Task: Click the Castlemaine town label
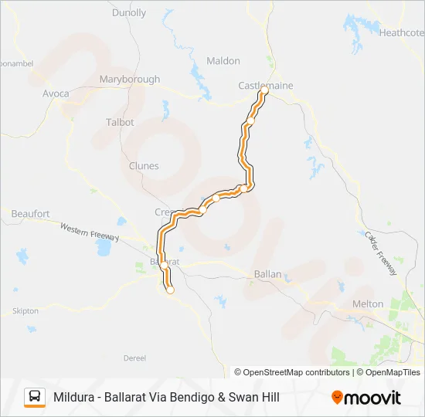point(266,86)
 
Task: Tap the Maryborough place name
point(130,79)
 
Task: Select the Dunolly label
point(128,12)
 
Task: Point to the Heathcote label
point(401,32)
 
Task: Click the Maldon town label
point(223,60)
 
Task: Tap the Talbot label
point(120,122)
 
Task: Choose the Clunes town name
point(144,165)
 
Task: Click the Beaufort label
point(30,213)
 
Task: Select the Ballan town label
point(267,274)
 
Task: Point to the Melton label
point(367,303)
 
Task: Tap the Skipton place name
point(25,310)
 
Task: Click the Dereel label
point(134,358)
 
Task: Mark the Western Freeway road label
point(90,232)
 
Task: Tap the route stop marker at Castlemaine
point(265,91)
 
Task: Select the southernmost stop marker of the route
point(170,290)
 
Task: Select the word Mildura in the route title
point(74,398)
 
